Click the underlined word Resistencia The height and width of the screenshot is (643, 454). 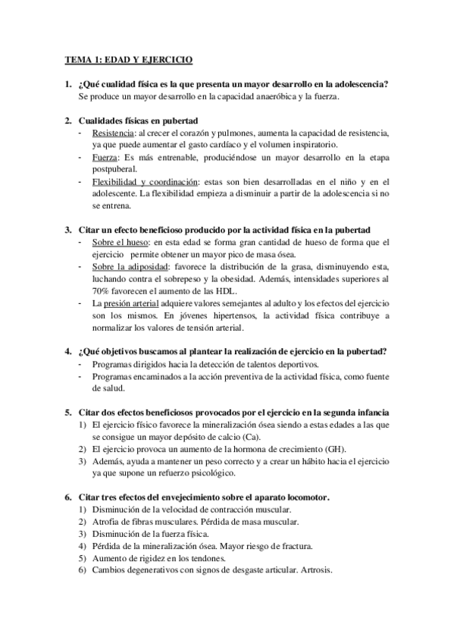pos(112,133)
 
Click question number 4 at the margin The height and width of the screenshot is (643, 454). pos(67,351)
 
